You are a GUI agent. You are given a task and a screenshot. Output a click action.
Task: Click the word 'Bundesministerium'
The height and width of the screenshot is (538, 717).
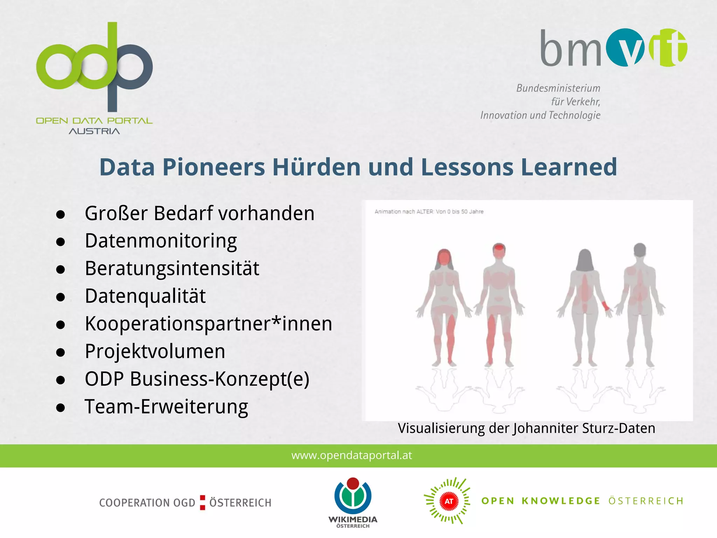[558, 88]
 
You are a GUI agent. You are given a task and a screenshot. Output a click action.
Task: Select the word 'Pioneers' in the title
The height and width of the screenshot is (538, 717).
[214, 167]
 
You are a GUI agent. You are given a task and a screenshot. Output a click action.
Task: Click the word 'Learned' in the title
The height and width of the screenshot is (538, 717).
[569, 167]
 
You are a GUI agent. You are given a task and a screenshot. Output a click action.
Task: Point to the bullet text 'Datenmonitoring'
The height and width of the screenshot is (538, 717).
[161, 241]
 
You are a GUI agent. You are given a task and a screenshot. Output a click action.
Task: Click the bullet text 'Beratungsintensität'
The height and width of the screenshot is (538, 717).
[172, 269]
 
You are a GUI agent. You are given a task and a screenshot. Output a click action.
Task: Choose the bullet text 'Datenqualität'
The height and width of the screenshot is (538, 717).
[145, 296]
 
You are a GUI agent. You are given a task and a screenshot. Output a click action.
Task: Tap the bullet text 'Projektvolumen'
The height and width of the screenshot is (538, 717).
[155, 351]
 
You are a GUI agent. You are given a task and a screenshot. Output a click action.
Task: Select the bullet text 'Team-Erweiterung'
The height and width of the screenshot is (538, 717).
[166, 407]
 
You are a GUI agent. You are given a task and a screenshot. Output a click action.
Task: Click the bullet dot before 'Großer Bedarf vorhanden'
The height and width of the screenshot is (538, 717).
[61, 214]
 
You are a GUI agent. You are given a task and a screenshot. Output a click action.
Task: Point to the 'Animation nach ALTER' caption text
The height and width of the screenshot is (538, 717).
[429, 212]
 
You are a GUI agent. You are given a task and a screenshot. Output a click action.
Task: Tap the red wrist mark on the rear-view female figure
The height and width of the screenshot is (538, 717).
[605, 305]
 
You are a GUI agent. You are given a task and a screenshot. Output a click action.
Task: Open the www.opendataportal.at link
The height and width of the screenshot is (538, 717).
[351, 455]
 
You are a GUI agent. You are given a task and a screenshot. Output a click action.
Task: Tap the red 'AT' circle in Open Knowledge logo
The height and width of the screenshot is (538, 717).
[449, 501]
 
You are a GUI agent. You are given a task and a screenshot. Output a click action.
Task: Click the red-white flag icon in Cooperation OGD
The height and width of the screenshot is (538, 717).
[202, 502]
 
